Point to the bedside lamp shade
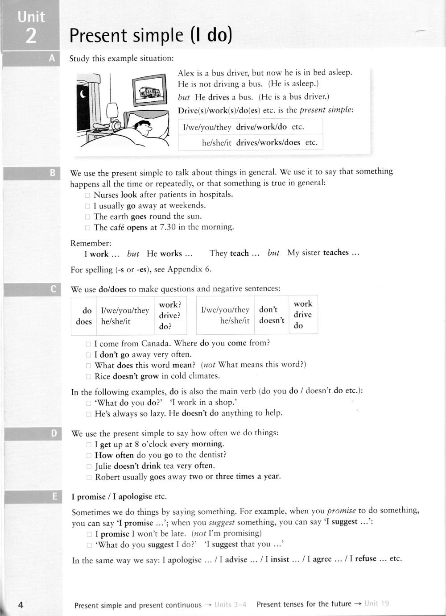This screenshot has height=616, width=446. pyautogui.click(x=112, y=109)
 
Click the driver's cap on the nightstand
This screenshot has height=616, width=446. pyautogui.click(x=100, y=127)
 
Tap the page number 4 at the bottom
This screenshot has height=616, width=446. pyautogui.click(x=20, y=605)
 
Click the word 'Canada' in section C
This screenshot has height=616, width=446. pyautogui.click(x=156, y=343)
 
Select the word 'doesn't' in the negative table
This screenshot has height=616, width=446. pyautogui.click(x=271, y=320)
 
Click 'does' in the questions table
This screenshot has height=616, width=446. pyautogui.click(x=84, y=321)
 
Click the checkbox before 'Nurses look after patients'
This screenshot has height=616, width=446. pyautogui.click(x=88, y=195)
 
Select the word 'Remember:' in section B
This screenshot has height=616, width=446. pyautogui.click(x=91, y=243)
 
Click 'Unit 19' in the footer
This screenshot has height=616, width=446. pyautogui.click(x=376, y=604)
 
